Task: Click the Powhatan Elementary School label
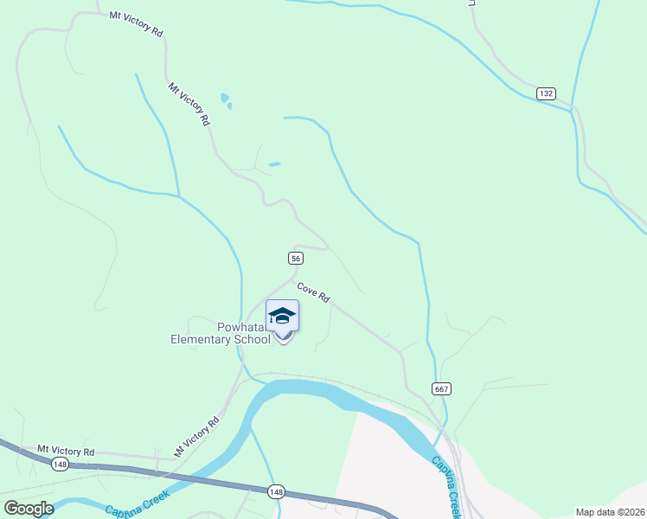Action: (221, 333)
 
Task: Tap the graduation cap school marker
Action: (282, 317)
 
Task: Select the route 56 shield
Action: (295, 259)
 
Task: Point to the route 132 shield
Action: (545, 93)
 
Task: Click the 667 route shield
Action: (441, 388)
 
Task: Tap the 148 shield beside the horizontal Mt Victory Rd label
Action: (60, 465)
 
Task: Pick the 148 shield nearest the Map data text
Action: (276, 492)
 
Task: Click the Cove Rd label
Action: (313, 292)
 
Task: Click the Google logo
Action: (29, 508)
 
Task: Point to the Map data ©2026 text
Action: (609, 512)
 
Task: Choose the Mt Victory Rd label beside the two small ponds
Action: (189, 105)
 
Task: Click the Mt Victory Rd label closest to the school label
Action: (197, 436)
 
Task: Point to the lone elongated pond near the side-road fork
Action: (274, 163)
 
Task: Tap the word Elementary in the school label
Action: (202, 339)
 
